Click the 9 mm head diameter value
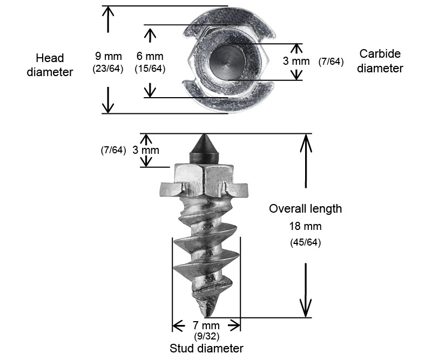click(x=109, y=56)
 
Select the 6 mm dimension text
click(x=150, y=56)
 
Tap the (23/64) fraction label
click(x=109, y=69)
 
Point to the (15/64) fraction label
click(x=150, y=69)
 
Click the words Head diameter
click(x=50, y=65)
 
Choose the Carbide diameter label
click(x=380, y=61)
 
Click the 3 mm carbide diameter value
click(x=296, y=61)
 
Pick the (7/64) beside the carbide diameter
click(x=331, y=61)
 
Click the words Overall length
click(x=306, y=209)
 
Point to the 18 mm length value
click(x=306, y=226)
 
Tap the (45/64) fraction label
click(x=306, y=242)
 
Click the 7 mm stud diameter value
click(x=206, y=325)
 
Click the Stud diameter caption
click(x=207, y=348)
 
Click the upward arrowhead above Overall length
click(x=306, y=141)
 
